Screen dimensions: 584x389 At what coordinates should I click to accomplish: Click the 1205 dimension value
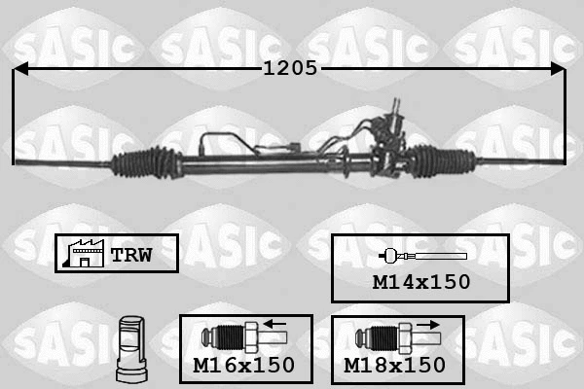(x=290, y=68)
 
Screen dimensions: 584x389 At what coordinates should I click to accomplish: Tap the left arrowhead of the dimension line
(x=20, y=69)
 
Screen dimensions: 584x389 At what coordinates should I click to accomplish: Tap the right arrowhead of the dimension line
(x=558, y=69)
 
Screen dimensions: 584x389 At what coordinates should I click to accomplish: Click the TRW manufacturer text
(x=131, y=255)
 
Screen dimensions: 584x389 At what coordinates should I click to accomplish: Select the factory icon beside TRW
(x=84, y=253)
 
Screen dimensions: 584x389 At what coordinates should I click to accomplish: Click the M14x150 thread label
(x=421, y=282)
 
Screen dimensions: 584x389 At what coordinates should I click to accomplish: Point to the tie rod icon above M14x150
(x=422, y=256)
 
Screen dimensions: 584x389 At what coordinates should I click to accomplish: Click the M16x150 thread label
(x=244, y=366)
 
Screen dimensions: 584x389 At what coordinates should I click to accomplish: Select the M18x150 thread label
(x=394, y=366)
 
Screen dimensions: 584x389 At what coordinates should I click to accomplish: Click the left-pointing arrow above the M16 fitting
(x=274, y=324)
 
